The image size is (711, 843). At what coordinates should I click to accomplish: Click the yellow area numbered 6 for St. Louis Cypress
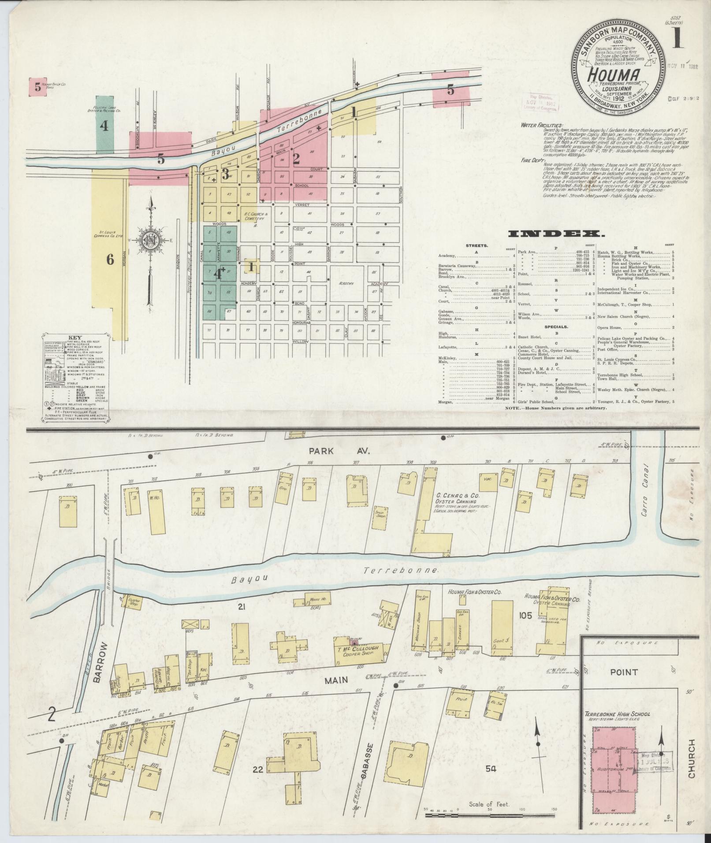pos(110,260)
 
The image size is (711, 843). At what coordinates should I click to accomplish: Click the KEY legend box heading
pos(74,338)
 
